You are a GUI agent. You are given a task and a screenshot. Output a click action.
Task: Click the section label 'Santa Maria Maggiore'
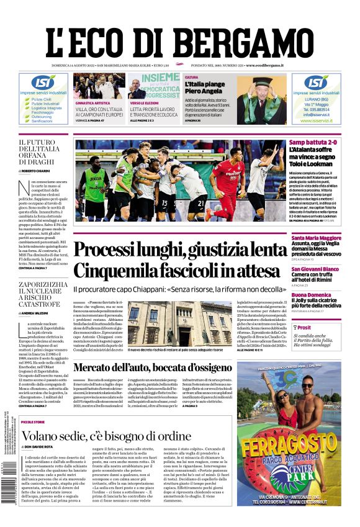[317, 238]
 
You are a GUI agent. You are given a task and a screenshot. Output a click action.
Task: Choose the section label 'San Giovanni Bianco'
[315, 269]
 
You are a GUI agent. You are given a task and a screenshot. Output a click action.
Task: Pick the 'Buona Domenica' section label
[311, 295]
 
